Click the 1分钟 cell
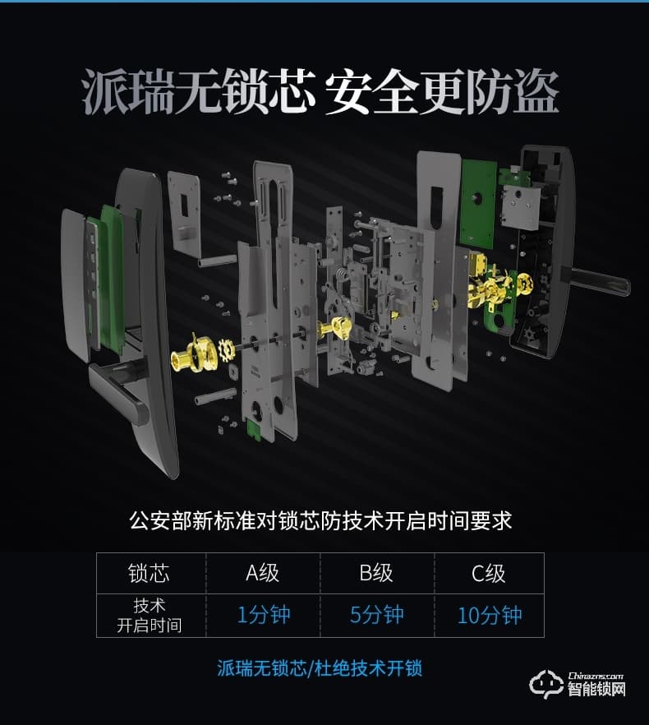coord(264,615)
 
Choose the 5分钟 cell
coord(376,615)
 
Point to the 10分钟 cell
coord(490,615)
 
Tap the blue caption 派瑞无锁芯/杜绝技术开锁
coord(320,667)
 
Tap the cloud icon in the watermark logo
coord(545,685)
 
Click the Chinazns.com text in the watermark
coord(597,676)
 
